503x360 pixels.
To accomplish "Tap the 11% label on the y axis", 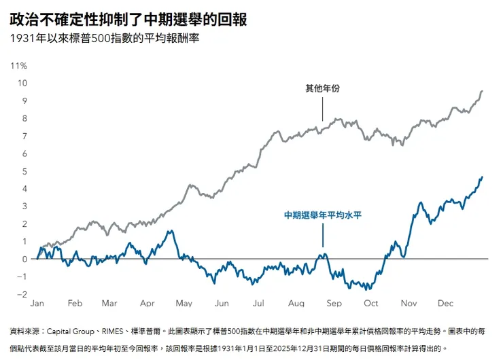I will pos(18,66).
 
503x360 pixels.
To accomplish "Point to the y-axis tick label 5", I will pos(24,171).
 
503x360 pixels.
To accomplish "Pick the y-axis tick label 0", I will pos(24,259).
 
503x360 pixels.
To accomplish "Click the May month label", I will pos(184,304).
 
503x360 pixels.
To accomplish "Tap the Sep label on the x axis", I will pos(334,304).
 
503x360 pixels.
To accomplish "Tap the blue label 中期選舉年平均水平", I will pos(323,215).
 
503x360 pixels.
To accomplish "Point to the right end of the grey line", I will pos(483,91).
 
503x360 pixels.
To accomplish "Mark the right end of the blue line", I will pos(483,177).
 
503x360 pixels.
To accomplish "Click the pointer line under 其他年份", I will pos(323,108).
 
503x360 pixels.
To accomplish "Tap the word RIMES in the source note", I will pos(114,331).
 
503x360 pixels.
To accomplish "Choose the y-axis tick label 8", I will pos(24,118).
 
